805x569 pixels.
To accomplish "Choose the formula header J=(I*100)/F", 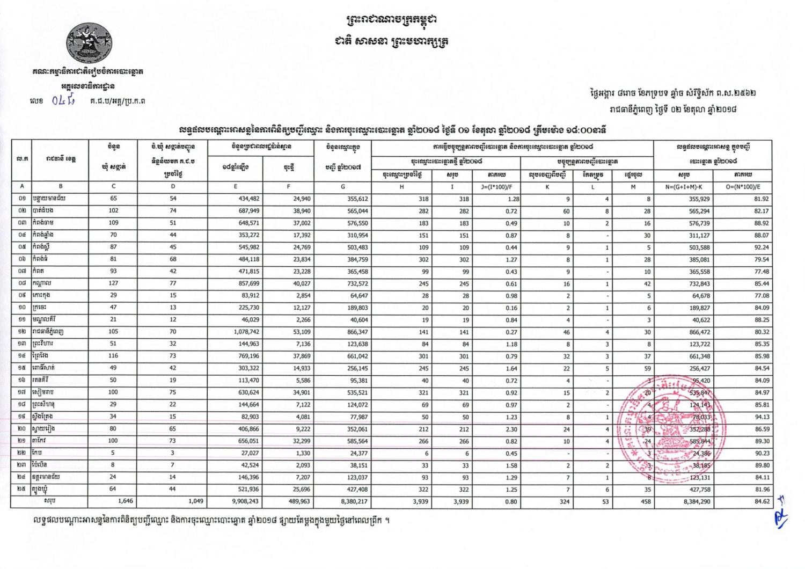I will point(496,187).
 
